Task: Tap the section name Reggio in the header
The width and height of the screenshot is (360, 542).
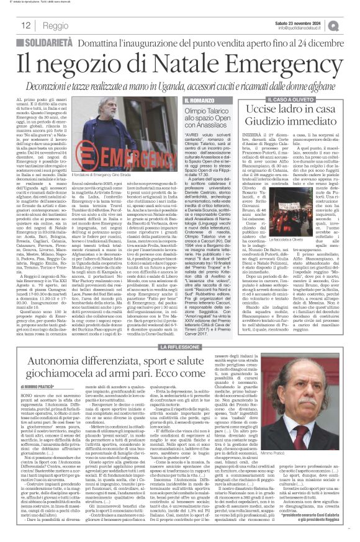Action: point(56,26)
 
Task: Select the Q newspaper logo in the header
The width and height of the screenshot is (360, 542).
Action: point(351,25)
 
